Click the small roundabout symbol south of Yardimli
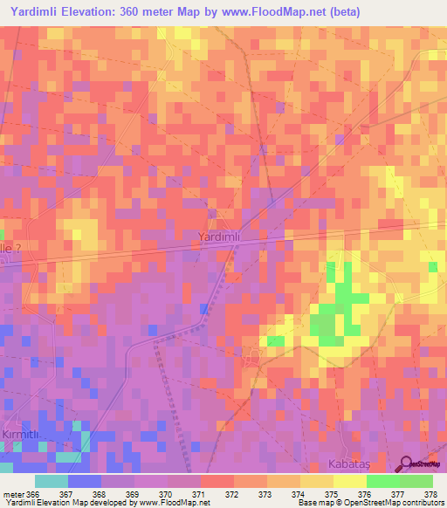pyautogui.click(x=254, y=354)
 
